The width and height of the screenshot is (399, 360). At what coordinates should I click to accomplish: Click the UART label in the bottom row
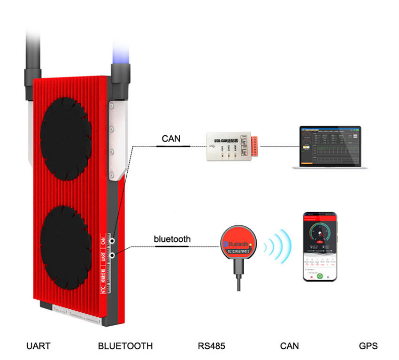38,346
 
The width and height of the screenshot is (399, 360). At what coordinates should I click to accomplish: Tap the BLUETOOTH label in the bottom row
125,346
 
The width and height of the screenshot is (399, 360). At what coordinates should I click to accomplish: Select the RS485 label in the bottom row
212,346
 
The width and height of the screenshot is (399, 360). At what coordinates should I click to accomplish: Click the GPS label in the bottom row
368,346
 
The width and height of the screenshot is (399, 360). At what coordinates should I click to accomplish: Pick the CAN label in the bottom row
289,346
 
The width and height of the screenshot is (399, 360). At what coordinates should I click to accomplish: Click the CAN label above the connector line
171,138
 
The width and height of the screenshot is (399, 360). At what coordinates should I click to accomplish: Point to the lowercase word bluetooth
172,239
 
